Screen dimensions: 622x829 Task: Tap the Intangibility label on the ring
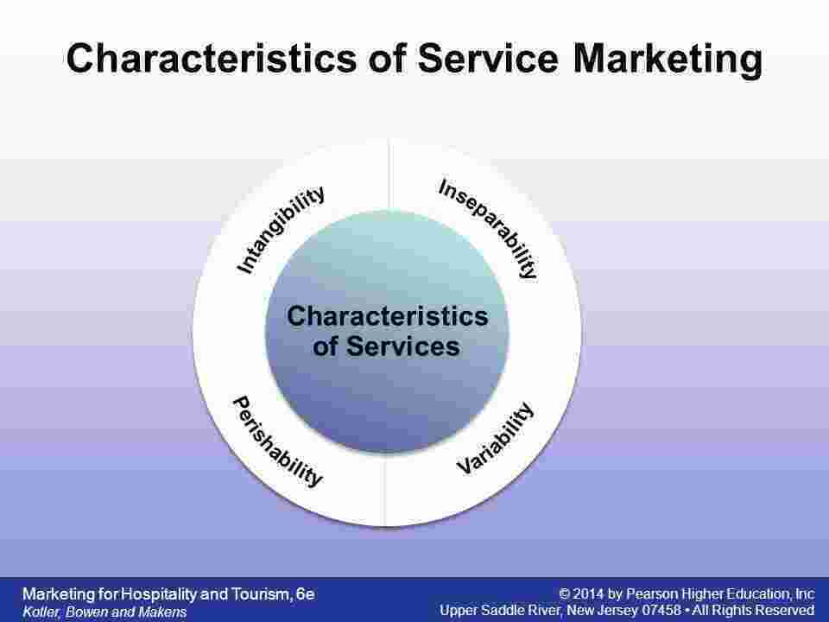[282, 230]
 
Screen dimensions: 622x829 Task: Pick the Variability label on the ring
[496, 438]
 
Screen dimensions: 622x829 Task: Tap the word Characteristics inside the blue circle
[387, 316]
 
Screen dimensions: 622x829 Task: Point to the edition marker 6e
[305, 593]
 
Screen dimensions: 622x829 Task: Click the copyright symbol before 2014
[565, 593]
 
